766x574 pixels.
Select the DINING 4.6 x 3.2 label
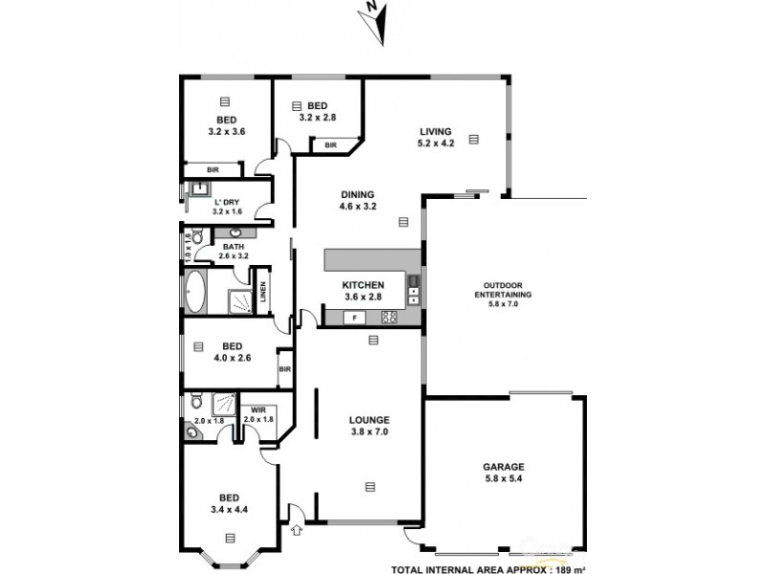tap(356, 200)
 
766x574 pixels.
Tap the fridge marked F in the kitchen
tap(355, 318)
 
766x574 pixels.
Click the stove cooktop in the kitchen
tap(389, 318)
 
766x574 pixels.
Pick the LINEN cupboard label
tap(263, 296)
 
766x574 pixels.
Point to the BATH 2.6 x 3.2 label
tap(235, 252)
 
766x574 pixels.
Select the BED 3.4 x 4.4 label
tap(228, 503)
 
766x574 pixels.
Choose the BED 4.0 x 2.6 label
tap(231, 352)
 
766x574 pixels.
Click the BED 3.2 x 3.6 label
tap(226, 125)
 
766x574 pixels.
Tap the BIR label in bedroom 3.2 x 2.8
tap(329, 145)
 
